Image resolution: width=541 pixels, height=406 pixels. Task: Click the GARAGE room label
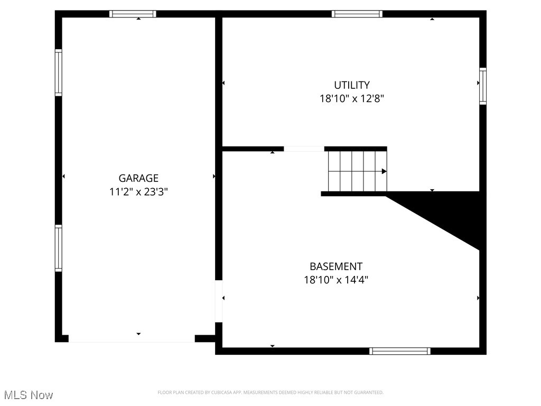coord(138,179)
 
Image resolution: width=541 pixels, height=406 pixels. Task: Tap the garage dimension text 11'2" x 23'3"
coord(138,192)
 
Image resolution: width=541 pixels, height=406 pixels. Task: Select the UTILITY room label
coord(352,85)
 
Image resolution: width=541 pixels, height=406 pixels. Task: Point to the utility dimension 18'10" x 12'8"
coord(352,98)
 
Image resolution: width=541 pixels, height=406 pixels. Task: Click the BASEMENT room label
coord(336,266)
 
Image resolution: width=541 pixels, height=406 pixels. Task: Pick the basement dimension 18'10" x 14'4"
coord(336,280)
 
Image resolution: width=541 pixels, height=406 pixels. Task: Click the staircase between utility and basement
coord(357,171)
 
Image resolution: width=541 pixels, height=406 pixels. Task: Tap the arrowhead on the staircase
coord(384,171)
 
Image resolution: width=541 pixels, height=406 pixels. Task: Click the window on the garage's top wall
coord(133,14)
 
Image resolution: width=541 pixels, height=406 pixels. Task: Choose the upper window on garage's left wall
coord(59,72)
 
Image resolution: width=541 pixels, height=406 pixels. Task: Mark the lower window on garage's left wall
coord(59,248)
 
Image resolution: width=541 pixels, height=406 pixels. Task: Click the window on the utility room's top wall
coord(357,14)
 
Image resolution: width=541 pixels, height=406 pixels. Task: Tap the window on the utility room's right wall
coord(482,86)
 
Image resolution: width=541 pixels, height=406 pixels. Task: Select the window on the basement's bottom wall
coord(400,351)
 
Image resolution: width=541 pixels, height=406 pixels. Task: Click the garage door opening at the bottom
coord(132,339)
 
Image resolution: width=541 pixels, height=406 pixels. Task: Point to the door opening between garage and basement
coord(219,301)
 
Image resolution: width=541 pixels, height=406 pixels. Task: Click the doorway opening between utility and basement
coord(304,149)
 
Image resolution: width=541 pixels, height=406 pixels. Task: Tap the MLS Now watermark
coord(29,395)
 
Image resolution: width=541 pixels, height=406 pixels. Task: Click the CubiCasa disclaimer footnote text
coord(270,392)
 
